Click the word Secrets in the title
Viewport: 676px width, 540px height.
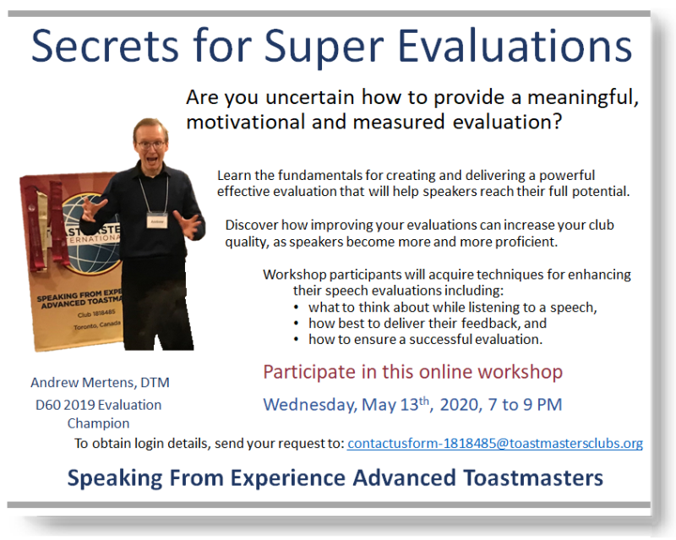[105, 46]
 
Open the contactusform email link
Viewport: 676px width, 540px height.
[495, 444]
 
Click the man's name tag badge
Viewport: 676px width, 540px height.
[156, 221]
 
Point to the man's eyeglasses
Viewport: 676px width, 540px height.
[151, 145]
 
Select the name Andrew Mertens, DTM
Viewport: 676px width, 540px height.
[100, 383]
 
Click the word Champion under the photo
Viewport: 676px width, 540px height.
[98, 423]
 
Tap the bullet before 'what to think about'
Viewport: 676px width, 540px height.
[296, 308]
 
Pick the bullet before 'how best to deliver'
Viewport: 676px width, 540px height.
[296, 324]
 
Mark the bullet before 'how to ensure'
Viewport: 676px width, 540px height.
[296, 340]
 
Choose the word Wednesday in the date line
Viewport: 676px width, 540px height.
[310, 406]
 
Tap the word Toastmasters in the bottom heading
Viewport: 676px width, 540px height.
[533, 478]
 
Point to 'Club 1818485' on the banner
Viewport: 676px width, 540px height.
[96, 314]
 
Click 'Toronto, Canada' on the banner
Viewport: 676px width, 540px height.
[97, 325]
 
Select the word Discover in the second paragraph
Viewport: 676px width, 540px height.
[251, 225]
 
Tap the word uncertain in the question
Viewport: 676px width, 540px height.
[309, 97]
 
